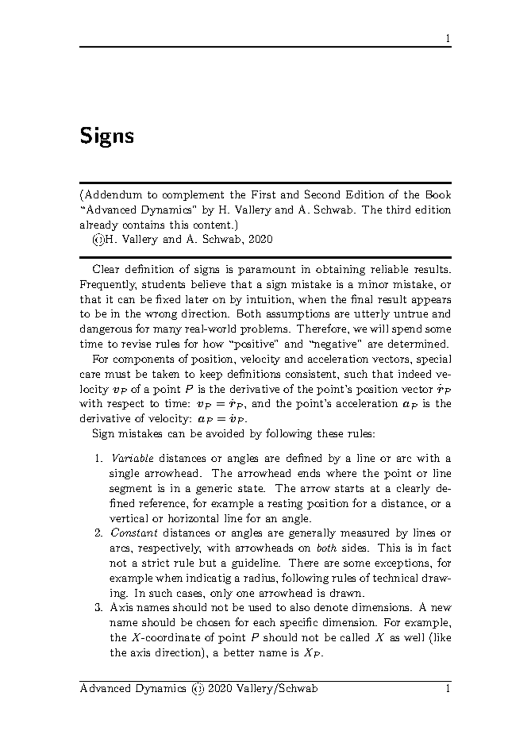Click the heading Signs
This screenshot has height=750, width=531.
107,137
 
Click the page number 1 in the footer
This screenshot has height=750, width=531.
448,688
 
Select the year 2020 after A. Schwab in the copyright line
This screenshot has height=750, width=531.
261,240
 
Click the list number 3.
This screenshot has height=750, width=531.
99,608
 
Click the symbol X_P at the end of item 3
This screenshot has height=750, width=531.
312,654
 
